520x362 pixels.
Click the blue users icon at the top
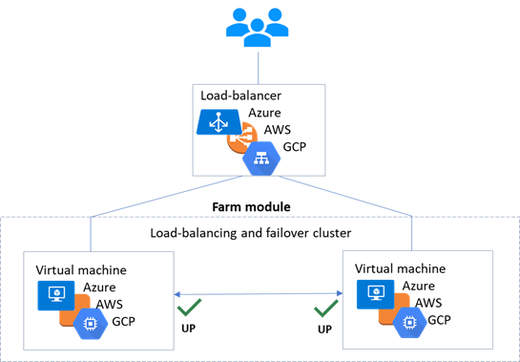(x=258, y=28)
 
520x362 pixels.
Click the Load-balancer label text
(x=240, y=96)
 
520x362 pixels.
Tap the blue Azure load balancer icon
(x=218, y=122)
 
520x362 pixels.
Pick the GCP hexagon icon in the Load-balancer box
(x=261, y=159)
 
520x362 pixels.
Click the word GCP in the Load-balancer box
(x=295, y=146)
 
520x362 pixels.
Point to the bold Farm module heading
(x=251, y=207)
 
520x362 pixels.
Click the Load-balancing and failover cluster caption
(x=251, y=233)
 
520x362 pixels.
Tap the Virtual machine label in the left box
(x=81, y=270)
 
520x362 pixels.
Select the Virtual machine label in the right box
(x=401, y=268)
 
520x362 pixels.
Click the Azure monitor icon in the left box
(x=56, y=295)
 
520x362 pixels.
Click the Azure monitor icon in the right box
(x=375, y=294)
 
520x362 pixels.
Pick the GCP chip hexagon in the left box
(x=91, y=324)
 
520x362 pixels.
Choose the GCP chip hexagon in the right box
(x=409, y=323)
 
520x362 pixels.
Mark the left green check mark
(x=189, y=308)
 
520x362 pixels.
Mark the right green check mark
(x=326, y=309)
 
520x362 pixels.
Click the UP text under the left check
(x=188, y=329)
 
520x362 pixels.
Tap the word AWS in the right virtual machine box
(x=428, y=303)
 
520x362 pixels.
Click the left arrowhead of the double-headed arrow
(x=177, y=294)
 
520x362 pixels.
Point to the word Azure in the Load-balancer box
(x=264, y=113)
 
